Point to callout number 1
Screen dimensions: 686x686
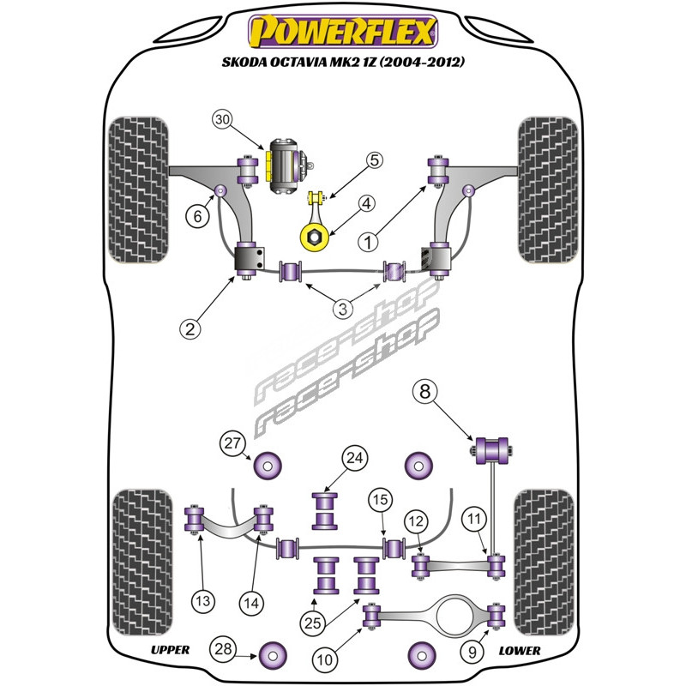tap(370, 243)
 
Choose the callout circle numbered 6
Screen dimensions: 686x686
tap(198, 217)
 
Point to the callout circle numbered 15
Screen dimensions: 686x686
tap(380, 500)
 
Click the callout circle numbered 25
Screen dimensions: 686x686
tap(313, 620)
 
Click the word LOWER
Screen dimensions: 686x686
tap(520, 650)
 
